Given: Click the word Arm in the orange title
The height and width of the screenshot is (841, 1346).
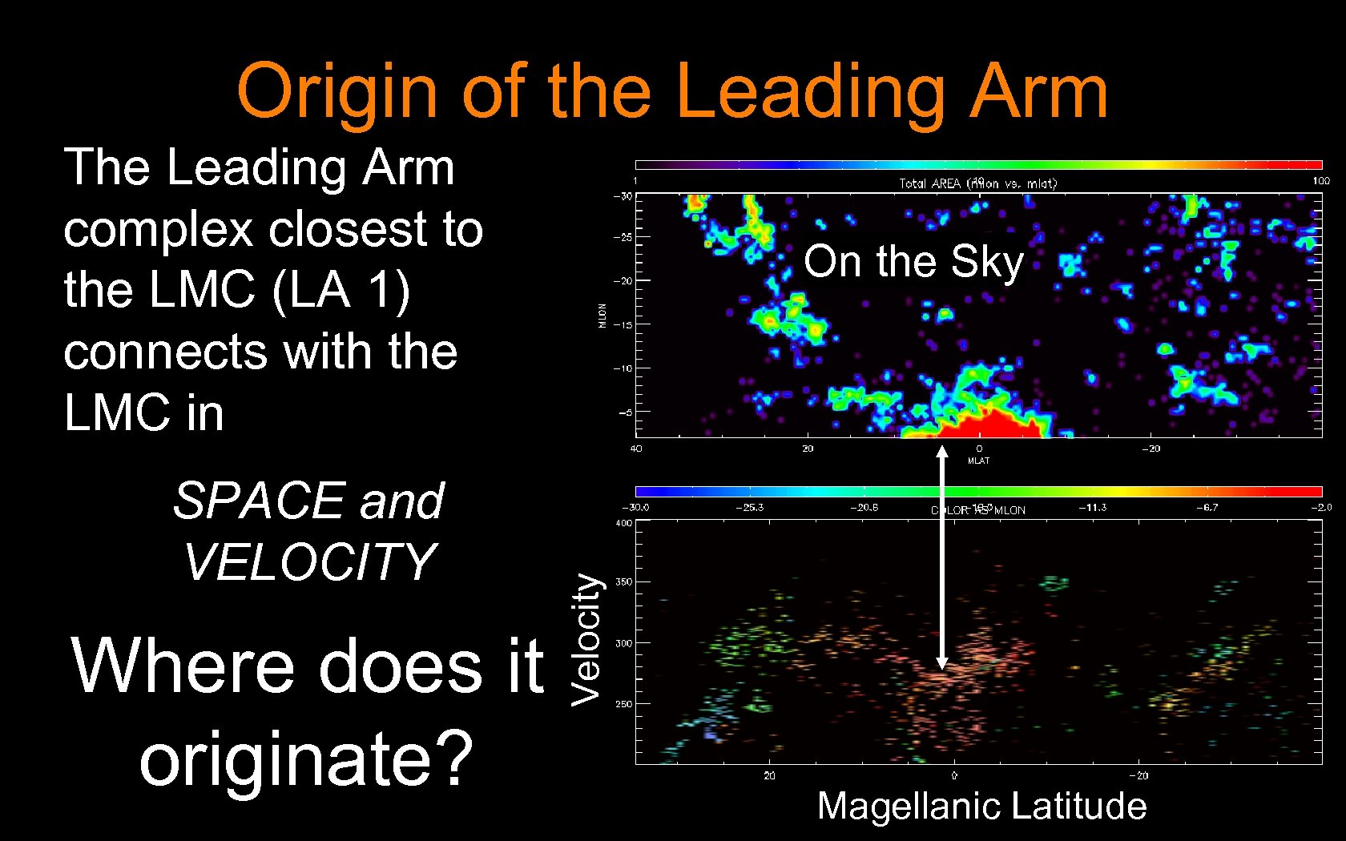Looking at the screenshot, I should pyautogui.click(x=1038, y=91).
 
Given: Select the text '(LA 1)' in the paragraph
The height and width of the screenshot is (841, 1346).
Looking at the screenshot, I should pyautogui.click(x=341, y=290).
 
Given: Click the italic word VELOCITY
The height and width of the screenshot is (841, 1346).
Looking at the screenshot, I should pyautogui.click(x=310, y=562).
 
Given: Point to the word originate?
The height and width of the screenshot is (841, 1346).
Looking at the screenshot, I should pyautogui.click(x=306, y=759).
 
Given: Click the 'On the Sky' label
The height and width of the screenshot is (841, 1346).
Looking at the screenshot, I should pyautogui.click(x=913, y=261).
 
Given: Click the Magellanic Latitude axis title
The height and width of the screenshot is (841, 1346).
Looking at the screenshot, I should pyautogui.click(x=981, y=806).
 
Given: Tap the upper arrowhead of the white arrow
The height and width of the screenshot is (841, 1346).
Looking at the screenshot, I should pyautogui.click(x=942, y=451).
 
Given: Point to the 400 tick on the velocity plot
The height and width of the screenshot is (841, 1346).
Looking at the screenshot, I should pyautogui.click(x=623, y=523).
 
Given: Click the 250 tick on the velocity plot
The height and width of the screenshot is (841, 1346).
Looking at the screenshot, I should pyautogui.click(x=623, y=704).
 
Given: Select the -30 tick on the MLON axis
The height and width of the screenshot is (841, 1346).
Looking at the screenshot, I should pyautogui.click(x=623, y=196).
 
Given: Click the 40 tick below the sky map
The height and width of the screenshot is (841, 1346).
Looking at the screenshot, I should pyautogui.click(x=636, y=449).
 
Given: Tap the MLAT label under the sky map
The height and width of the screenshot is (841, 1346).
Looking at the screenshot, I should pyautogui.click(x=978, y=461).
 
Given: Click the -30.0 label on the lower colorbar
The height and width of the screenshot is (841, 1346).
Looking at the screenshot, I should pyautogui.click(x=636, y=507).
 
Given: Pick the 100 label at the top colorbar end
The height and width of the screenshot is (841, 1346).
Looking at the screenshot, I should pyautogui.click(x=1320, y=181).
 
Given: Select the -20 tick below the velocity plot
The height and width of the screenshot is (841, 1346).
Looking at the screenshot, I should pyautogui.click(x=1138, y=775).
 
